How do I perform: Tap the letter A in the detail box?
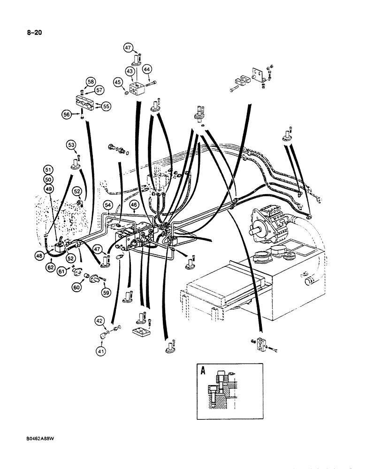[x=204, y=371]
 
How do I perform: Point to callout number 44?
[x=146, y=69]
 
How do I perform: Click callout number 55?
[x=106, y=106]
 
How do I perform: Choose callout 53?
[x=71, y=145]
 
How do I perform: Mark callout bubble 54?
[x=107, y=205]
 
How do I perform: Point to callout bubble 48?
[x=39, y=255]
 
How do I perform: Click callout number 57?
[x=100, y=90]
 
